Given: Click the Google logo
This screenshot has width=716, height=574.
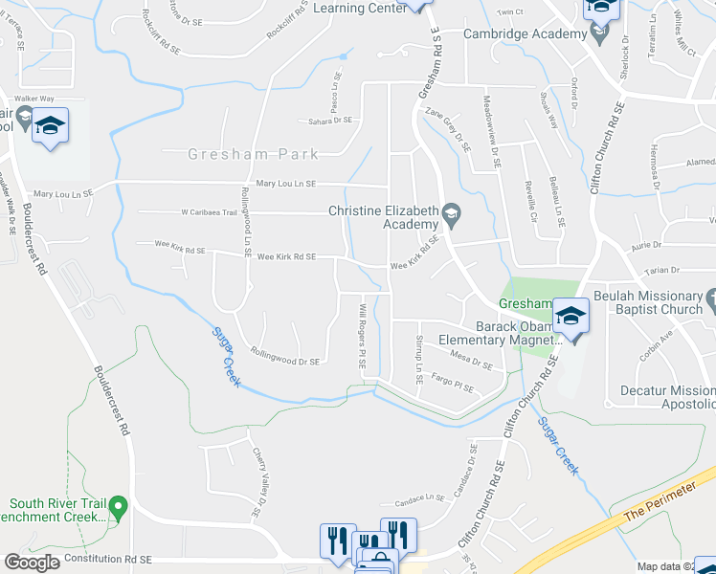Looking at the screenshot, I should (x=31, y=563).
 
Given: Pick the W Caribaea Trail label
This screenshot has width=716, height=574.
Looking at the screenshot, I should (x=208, y=212).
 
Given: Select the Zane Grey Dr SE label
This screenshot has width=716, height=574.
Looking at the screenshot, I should (x=452, y=129).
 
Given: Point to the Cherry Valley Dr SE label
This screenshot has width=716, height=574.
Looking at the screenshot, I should (x=257, y=484).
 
